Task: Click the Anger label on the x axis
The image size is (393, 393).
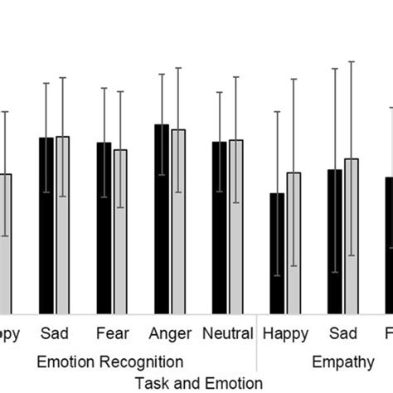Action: [170, 335]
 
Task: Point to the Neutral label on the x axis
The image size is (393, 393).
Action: [227, 335]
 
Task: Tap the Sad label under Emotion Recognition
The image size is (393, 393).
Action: [54, 335]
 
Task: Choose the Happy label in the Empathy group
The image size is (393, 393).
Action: [285, 335]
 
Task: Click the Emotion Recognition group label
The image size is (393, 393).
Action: [110, 361]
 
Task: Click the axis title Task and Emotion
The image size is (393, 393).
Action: [198, 382]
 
